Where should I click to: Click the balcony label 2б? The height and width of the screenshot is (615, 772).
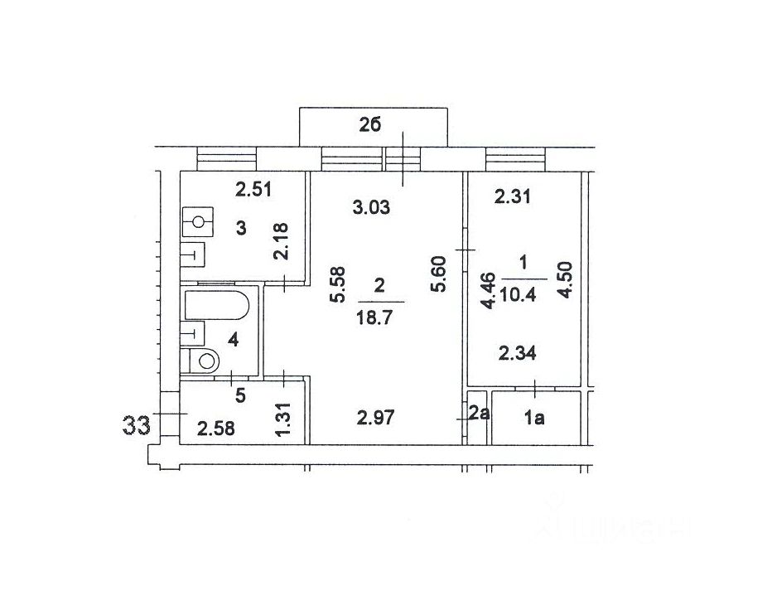click(370, 126)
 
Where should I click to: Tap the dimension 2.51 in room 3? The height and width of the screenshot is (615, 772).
click(253, 189)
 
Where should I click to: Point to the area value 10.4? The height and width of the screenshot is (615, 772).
click(519, 295)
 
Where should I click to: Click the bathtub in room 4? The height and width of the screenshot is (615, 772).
click(217, 305)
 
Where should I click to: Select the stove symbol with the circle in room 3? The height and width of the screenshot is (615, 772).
click(197, 222)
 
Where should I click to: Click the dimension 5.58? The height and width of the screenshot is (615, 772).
click(338, 284)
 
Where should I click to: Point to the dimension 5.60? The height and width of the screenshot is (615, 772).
click(438, 274)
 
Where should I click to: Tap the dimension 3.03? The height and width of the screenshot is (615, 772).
click(372, 207)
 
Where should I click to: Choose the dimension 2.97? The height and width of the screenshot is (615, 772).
click(375, 419)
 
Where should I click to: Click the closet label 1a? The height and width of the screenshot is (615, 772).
click(534, 419)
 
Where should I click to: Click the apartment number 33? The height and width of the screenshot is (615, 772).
click(137, 425)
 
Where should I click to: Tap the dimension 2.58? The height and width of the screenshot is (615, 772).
click(215, 429)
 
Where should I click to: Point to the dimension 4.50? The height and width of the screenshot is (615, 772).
click(566, 279)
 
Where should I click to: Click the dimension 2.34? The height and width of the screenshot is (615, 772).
click(518, 353)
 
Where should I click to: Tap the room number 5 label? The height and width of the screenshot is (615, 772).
click(240, 395)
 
